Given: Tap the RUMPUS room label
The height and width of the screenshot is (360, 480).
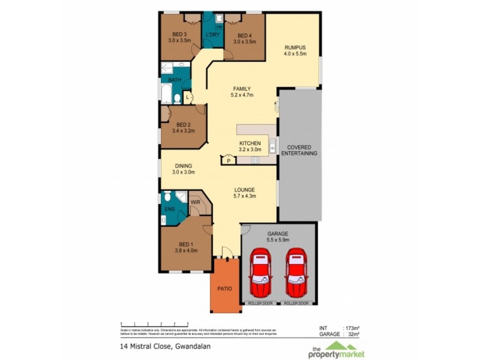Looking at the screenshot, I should tap(295, 48).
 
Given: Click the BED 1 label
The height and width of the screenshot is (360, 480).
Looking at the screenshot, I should tap(186, 244).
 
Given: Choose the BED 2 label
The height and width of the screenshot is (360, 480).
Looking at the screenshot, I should tap(184, 125).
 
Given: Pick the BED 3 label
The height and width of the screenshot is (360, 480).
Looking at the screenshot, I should tap(179, 34).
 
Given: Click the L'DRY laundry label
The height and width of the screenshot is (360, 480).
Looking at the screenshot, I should tap(212, 35).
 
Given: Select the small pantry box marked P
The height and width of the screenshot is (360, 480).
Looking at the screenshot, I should tap(229, 160).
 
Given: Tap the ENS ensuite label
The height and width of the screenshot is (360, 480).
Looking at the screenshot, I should tap(169, 209).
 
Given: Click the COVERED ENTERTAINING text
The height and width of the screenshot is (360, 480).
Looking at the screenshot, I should tap(302, 150).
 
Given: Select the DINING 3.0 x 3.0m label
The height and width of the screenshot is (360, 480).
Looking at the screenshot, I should tap(184, 169).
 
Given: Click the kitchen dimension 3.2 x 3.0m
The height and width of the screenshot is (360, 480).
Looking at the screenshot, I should tap(250, 150).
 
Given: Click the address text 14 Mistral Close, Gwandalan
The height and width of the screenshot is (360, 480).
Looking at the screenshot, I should tap(160, 346).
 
